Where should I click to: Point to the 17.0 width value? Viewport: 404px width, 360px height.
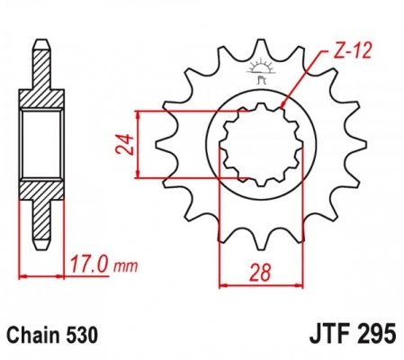[x=88, y=265]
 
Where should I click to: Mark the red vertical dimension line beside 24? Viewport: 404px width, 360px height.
[x=138, y=144]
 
